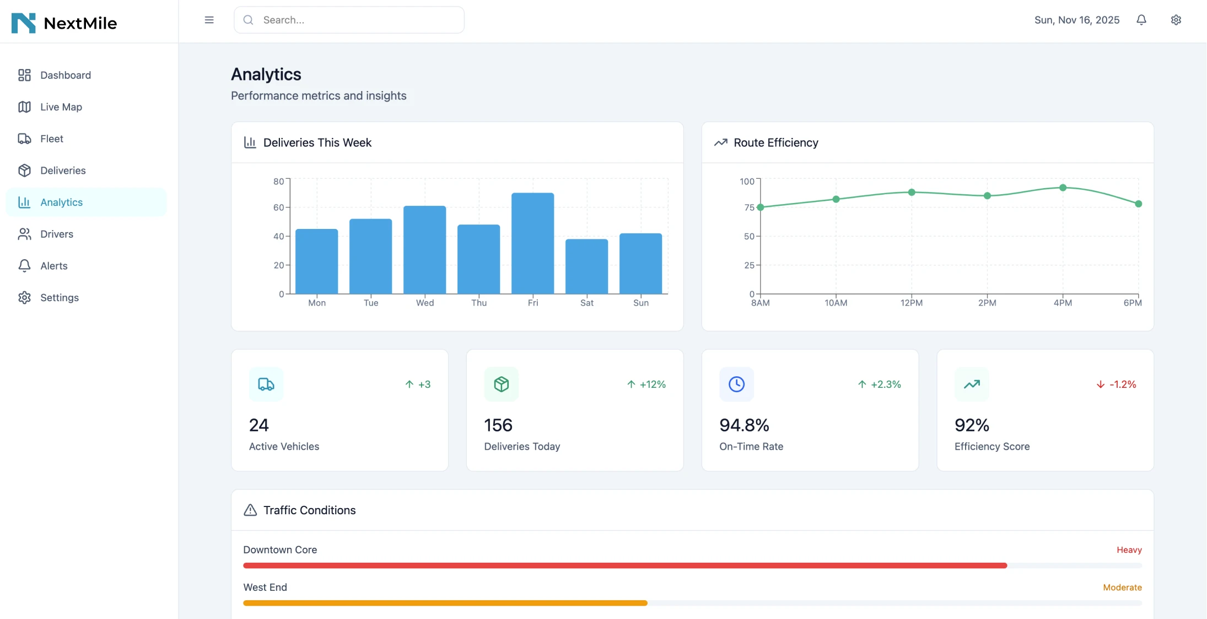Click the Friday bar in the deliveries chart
(532, 243)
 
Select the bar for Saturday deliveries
(586, 266)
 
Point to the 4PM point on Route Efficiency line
(1063, 188)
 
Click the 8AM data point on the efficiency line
(761, 207)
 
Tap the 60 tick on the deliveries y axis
(279, 207)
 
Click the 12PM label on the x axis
(911, 303)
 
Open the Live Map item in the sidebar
(61, 107)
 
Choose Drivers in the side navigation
(56, 234)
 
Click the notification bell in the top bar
(1141, 20)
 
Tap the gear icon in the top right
(1176, 20)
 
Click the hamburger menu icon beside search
(209, 20)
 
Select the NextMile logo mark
(23, 23)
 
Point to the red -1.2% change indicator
(1116, 385)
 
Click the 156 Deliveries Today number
(498, 425)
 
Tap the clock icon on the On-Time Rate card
(736, 384)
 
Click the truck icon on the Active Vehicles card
(266, 384)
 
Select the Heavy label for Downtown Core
(1129, 550)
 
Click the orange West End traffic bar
(445, 603)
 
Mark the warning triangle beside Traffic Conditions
(250, 510)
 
